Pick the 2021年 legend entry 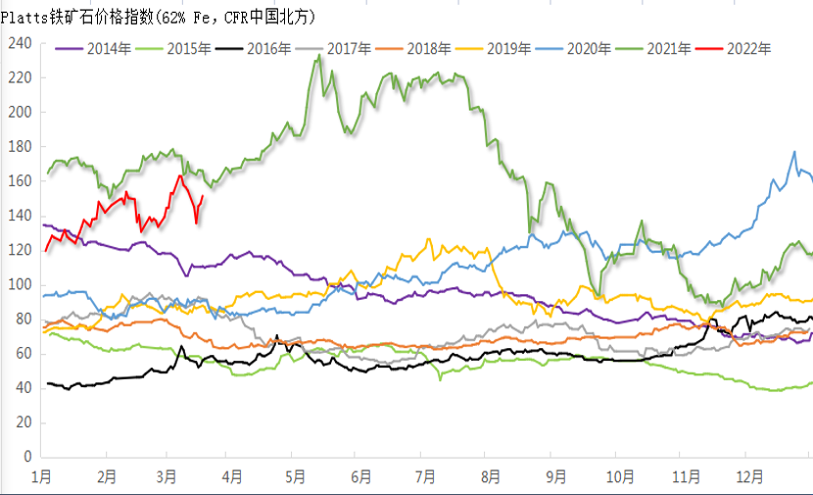pos(667,48)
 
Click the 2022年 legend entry pos(747,48)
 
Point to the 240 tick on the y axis pos(20,43)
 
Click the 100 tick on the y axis pos(20,285)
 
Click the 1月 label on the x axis pos(42,477)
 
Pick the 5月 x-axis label pos(297,477)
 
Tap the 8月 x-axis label pos(490,477)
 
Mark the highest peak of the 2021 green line pos(318,56)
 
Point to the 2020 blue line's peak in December pos(794,152)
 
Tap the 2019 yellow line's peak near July pos(428,239)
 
